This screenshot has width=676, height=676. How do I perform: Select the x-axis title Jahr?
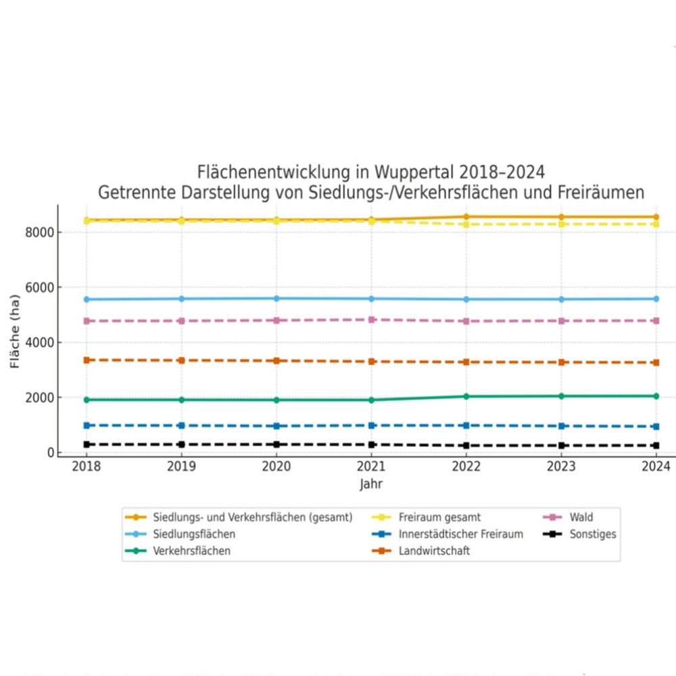(x=371, y=484)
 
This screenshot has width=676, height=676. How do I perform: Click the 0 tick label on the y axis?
(x=49, y=452)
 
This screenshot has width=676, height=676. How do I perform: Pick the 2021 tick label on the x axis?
(x=371, y=466)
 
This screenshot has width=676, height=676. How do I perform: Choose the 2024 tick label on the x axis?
(x=655, y=466)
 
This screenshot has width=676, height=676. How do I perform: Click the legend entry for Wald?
(x=581, y=517)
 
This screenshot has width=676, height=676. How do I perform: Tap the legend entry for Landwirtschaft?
(x=434, y=551)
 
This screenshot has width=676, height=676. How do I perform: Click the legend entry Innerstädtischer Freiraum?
(x=460, y=534)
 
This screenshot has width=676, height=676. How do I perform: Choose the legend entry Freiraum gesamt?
(x=439, y=517)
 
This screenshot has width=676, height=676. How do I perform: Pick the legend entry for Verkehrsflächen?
(x=191, y=551)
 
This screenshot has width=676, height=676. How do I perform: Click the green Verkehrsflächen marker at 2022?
(x=466, y=396)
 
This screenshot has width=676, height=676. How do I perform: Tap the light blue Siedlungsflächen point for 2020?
(x=276, y=298)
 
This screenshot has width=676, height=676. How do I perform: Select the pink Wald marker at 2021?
(x=371, y=320)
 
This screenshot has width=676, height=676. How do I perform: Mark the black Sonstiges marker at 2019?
(x=181, y=445)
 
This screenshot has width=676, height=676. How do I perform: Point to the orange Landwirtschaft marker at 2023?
(x=560, y=362)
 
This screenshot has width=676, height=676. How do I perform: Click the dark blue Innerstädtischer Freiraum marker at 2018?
(x=87, y=425)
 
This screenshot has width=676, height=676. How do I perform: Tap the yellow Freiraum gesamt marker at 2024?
(x=655, y=224)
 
